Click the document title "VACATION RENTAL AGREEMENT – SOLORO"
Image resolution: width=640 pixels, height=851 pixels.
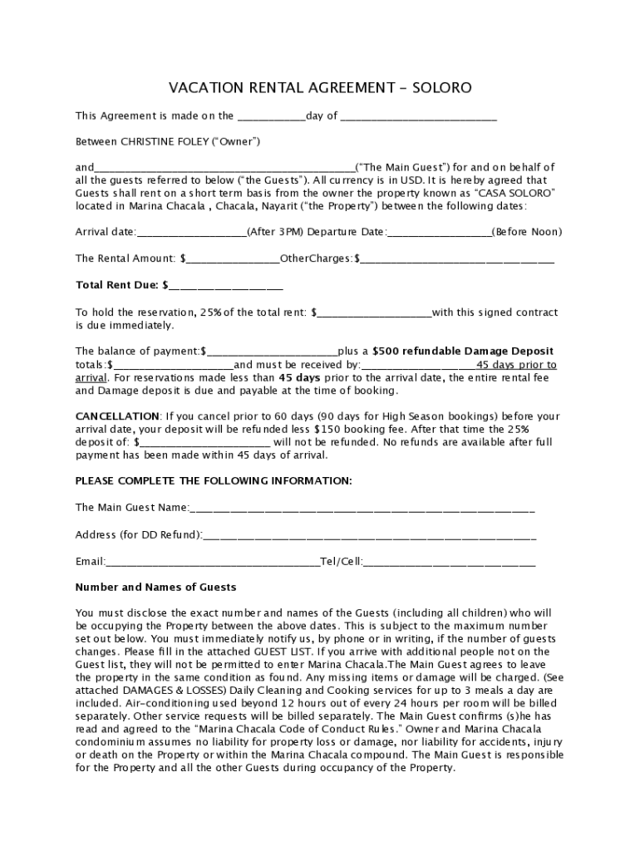320,87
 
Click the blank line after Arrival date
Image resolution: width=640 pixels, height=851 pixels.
190,232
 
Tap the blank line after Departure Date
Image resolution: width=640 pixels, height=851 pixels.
439,232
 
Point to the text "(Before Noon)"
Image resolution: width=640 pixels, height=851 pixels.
527,231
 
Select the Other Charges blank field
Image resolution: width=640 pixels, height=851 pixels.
457,258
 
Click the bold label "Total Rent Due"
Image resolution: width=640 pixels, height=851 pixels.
117,285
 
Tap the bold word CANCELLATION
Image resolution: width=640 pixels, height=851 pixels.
117,416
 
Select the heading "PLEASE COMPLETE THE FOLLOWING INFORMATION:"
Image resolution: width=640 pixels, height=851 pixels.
214,480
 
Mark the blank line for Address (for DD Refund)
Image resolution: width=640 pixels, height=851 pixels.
369,534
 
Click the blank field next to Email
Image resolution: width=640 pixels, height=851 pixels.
213,562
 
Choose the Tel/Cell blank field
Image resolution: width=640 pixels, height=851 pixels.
449,562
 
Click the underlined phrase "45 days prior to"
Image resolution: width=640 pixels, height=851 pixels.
516,364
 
